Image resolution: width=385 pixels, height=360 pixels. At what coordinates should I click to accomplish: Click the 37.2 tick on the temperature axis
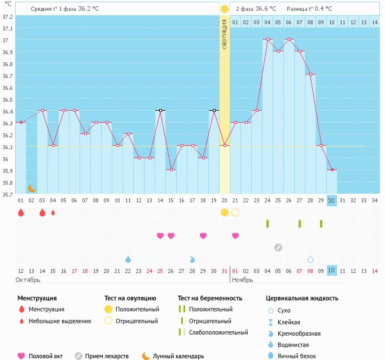click(7, 16)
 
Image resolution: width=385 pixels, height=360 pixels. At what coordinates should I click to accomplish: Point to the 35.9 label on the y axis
click(7, 171)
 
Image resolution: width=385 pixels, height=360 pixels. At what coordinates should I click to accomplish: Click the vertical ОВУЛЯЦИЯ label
click(225, 33)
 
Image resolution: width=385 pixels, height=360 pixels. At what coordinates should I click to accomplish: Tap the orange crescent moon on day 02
click(32, 188)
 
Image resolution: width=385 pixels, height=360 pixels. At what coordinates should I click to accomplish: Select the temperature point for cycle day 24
click(268, 40)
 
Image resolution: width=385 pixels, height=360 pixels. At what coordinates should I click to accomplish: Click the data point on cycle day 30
click(331, 170)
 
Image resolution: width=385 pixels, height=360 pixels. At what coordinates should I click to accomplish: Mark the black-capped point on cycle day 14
click(160, 110)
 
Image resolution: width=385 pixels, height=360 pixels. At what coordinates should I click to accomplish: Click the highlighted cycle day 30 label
click(331, 201)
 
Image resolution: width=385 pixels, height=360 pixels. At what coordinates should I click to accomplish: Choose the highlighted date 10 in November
click(331, 271)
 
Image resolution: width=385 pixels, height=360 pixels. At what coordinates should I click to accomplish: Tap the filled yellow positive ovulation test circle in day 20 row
click(225, 212)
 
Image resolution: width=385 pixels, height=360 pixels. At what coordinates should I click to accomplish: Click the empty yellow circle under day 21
click(235, 212)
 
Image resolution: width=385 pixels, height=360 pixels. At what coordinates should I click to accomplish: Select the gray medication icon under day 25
click(278, 247)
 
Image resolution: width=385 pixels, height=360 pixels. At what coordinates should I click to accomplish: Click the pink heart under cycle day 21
click(235, 236)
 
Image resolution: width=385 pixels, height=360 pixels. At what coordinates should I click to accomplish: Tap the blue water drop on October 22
click(128, 259)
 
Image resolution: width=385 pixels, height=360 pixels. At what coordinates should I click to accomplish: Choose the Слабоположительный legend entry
click(218, 332)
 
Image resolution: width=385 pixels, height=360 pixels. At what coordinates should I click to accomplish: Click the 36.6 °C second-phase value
click(265, 8)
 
